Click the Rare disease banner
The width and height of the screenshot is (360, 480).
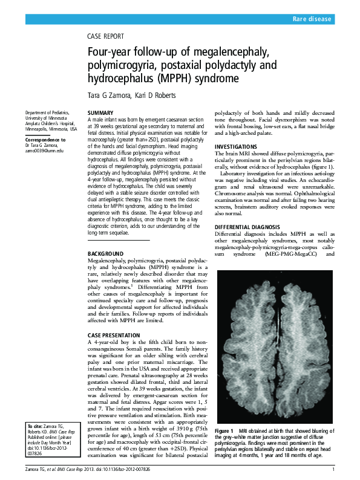tap(312, 19)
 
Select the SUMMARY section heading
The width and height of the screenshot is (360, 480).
tap(100, 113)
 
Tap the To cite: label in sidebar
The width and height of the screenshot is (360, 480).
tap(34, 426)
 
